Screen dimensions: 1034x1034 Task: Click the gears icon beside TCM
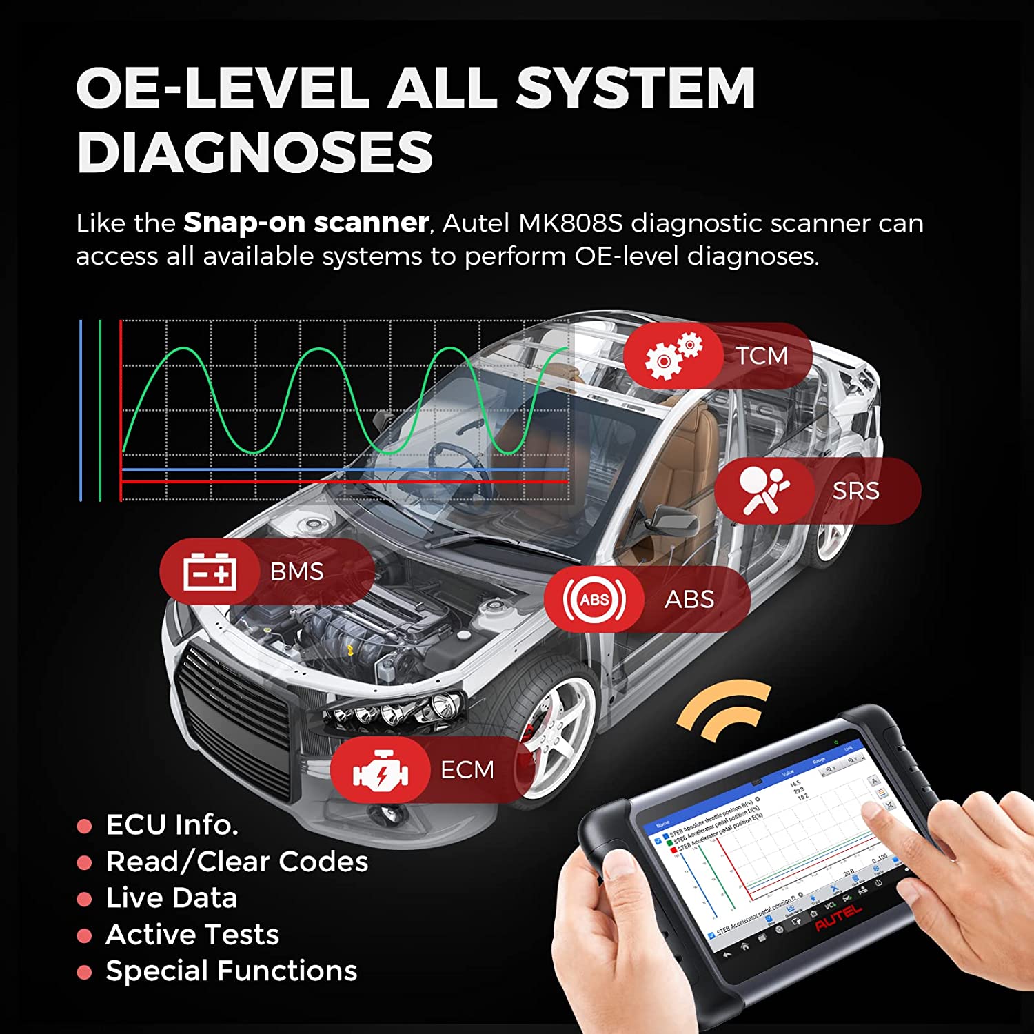672,356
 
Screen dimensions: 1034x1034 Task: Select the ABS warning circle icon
594,599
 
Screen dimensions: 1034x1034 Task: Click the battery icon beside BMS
210,572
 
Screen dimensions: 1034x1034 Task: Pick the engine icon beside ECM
380,770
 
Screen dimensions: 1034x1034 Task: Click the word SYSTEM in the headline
635,88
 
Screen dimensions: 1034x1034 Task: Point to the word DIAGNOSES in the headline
254,152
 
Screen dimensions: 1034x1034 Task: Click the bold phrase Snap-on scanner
306,223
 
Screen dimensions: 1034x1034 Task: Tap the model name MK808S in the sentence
570,223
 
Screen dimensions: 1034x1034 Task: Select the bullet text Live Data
172,898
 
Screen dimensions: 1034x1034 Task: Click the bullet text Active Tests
192,935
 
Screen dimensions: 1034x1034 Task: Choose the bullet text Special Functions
231,971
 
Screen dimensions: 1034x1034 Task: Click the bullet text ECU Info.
172,825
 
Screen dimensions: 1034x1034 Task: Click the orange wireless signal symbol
724,710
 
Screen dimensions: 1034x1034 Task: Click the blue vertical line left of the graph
81,410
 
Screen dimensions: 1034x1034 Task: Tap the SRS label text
855,491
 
